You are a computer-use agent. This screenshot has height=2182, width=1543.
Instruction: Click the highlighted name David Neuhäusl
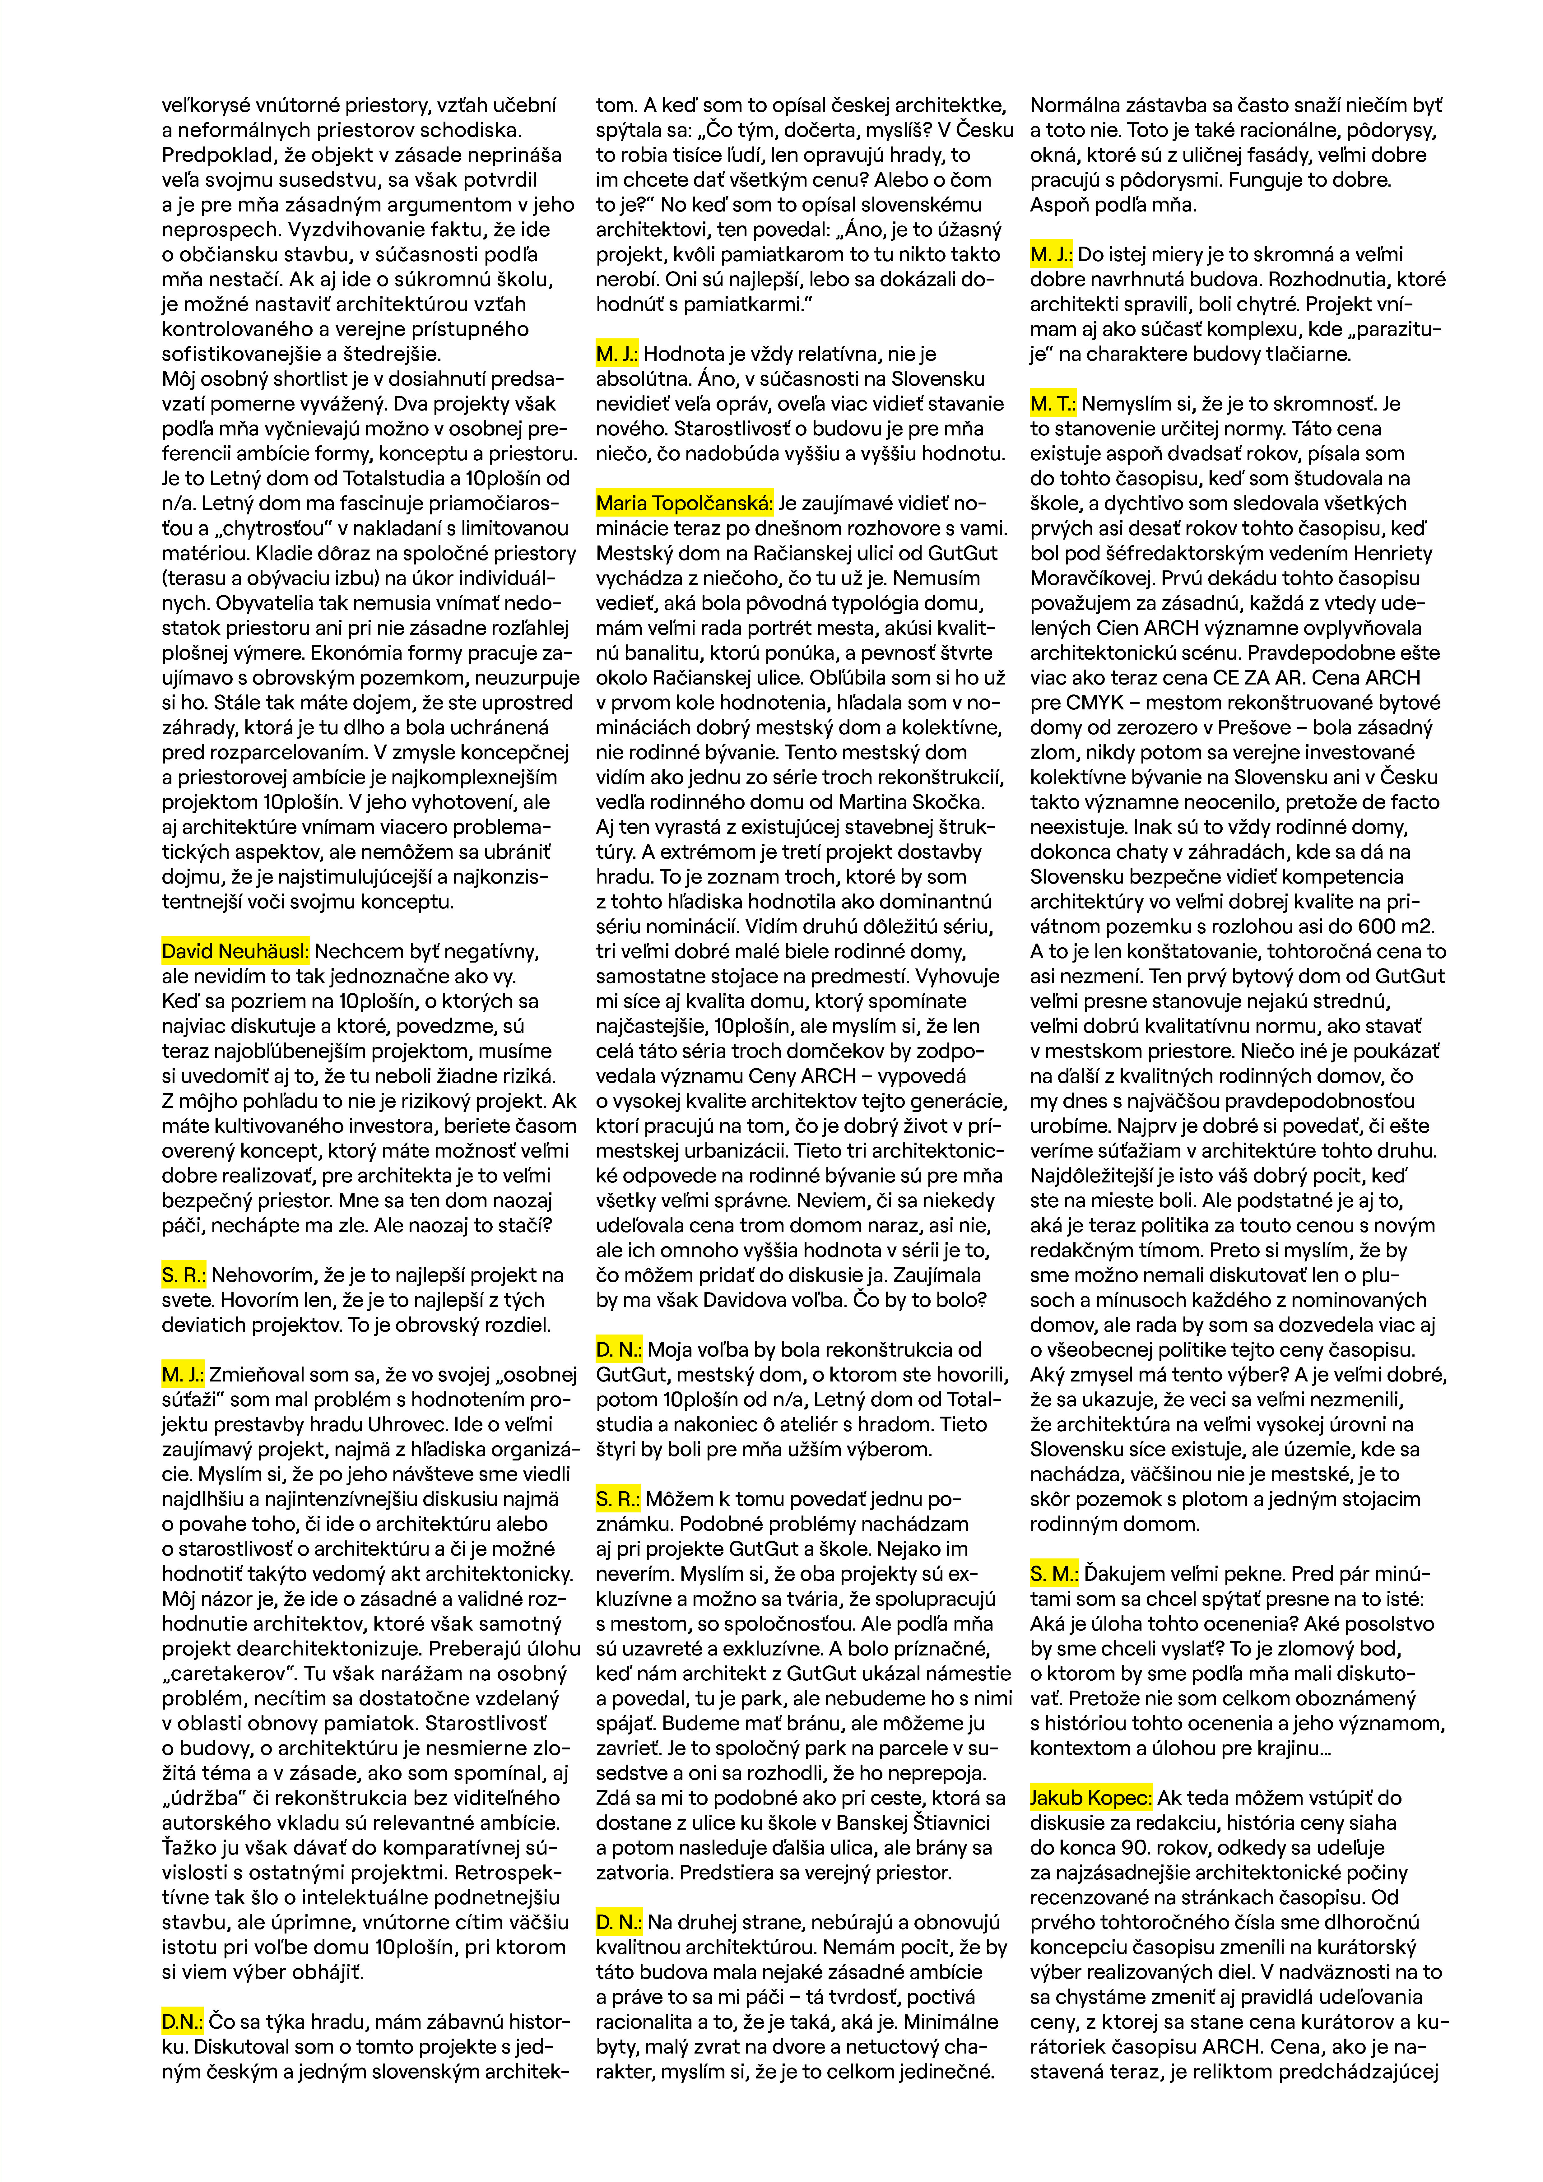(235, 951)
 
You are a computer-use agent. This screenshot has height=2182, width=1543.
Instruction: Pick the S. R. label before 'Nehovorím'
(184, 1275)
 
